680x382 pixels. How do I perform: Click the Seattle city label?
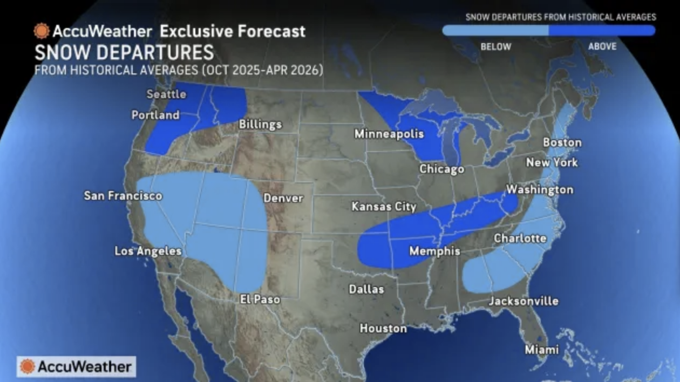point(166,94)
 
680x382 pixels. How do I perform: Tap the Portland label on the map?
point(155,115)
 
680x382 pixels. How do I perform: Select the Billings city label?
point(260,125)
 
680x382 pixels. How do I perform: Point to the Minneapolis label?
point(389,134)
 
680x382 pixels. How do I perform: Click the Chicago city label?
point(442,169)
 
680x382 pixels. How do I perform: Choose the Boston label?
point(562,143)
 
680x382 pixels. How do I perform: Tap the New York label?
point(552,162)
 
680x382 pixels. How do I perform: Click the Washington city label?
point(539,190)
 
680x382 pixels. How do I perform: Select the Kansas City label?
point(384,207)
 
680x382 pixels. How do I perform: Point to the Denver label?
point(283,199)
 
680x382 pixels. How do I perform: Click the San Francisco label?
point(123,196)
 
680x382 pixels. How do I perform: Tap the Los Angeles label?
point(148,251)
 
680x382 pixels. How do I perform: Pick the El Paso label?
point(260,299)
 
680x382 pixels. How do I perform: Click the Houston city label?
point(383,328)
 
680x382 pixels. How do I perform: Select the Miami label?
point(541,350)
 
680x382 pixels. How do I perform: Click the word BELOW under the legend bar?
point(495,47)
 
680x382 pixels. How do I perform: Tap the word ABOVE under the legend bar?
point(602,47)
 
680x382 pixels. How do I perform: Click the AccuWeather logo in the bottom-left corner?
point(76,367)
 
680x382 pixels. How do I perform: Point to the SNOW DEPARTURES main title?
point(124,53)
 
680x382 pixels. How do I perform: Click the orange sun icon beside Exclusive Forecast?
point(42,31)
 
